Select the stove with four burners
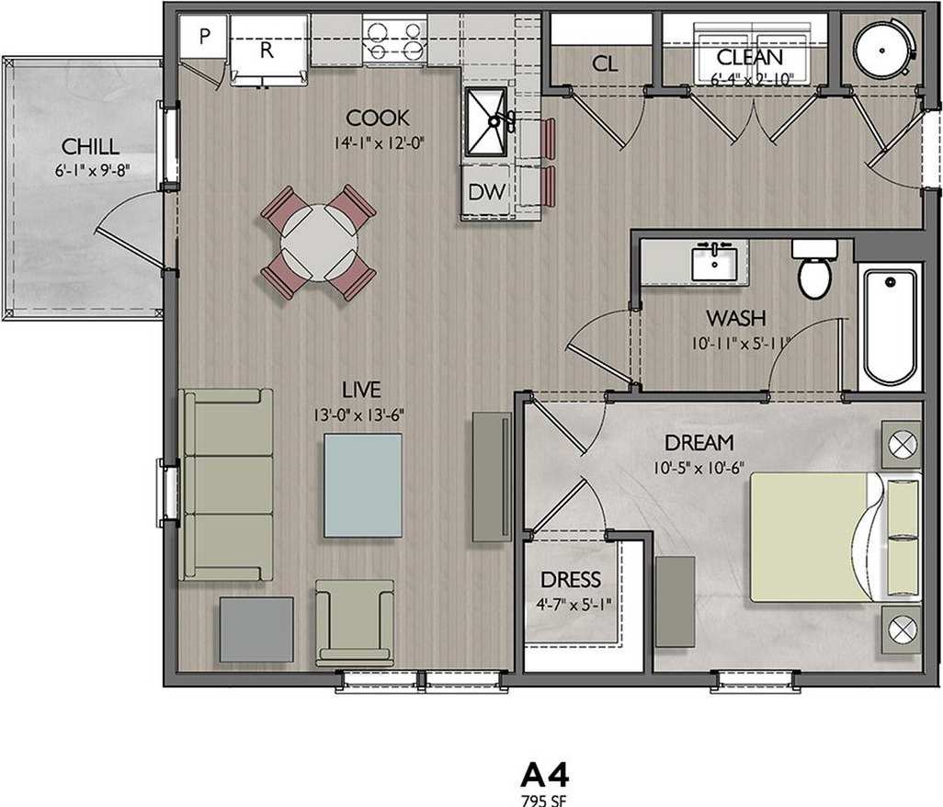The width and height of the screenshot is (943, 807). point(395,40)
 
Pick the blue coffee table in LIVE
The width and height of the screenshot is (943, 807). point(362,485)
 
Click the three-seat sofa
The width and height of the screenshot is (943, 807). point(228,484)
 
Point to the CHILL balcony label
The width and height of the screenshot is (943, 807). point(90,146)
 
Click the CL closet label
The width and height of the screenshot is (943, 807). point(604,63)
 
